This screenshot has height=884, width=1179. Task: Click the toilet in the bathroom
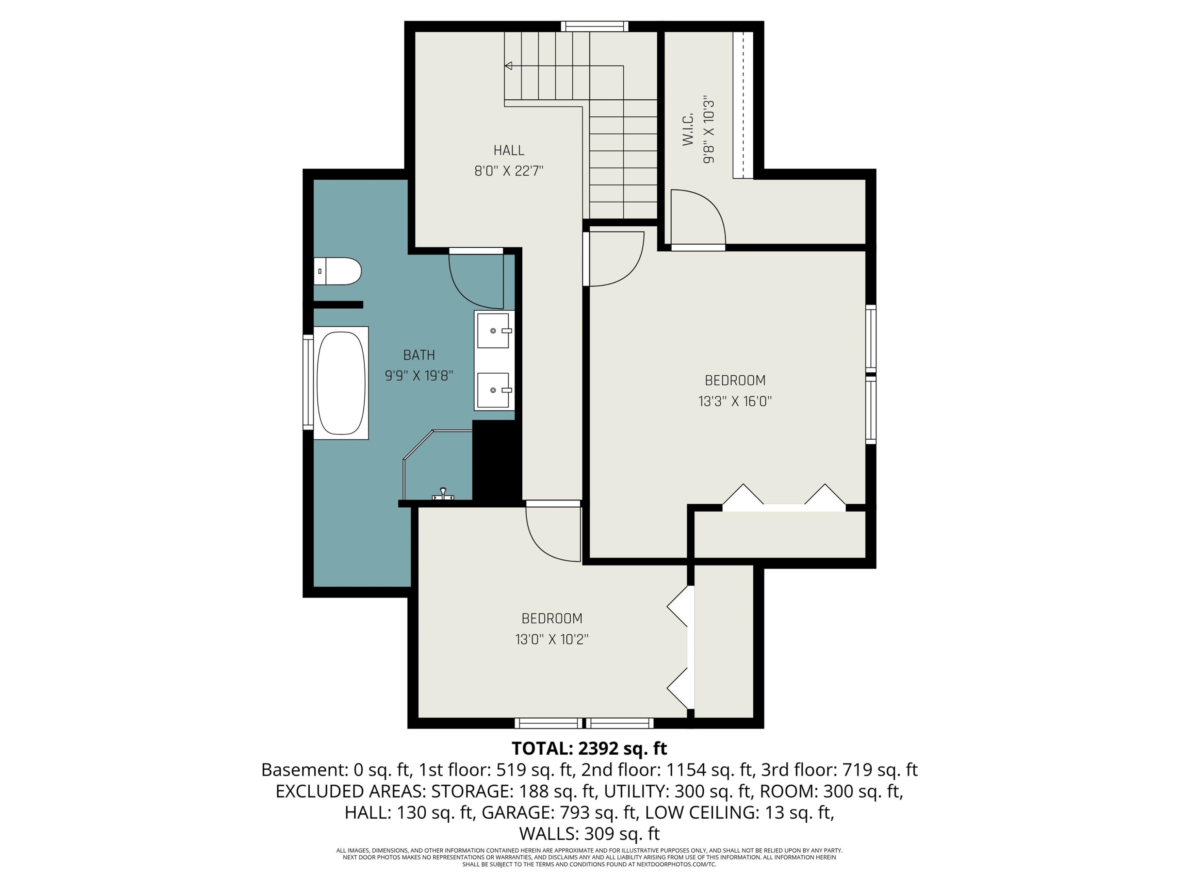[337, 271]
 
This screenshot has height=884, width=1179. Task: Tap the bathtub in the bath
[341, 383]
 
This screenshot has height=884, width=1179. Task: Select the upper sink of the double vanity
[494, 331]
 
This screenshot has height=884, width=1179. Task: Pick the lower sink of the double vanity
[494, 390]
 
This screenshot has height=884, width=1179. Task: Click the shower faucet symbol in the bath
[443, 494]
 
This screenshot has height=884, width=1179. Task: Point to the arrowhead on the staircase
[509, 66]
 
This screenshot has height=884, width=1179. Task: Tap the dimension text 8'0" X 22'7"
[509, 171]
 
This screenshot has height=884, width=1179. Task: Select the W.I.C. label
[688, 128]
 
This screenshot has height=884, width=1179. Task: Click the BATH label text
[419, 355]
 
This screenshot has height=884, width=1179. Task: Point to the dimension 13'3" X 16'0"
[735, 401]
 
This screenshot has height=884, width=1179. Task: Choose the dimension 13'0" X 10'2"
[552, 639]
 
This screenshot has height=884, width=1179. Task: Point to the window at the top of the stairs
[594, 26]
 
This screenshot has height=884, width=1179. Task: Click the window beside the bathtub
[308, 382]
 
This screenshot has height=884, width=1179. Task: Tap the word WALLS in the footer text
[549, 833]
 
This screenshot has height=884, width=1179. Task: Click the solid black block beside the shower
[497, 460]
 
